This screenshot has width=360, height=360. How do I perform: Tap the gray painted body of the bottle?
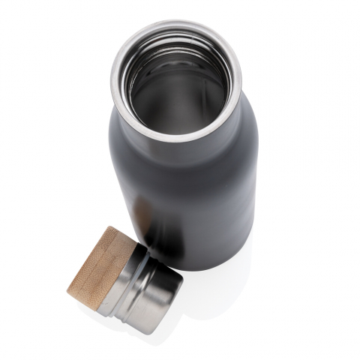202,195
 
